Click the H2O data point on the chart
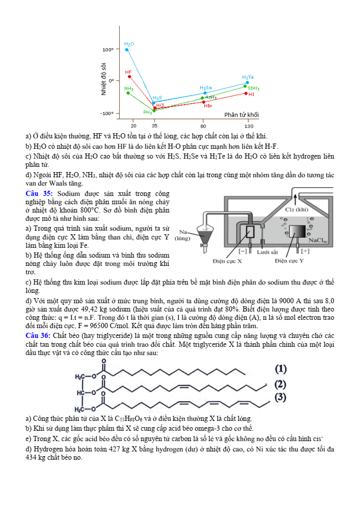127,50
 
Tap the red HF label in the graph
128,72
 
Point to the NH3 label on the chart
129,89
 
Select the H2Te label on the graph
248,77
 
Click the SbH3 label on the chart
253,88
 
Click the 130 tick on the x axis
249,125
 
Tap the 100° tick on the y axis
108,50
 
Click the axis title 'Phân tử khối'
241,115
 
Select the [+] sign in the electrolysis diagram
305,251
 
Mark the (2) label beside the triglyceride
280,384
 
